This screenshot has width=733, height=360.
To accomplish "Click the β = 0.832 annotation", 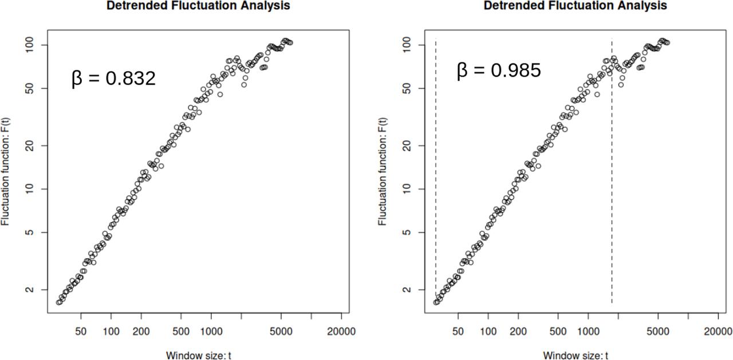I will (113, 78).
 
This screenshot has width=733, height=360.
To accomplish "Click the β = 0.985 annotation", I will (498, 70).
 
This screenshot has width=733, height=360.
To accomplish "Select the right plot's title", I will (575, 6).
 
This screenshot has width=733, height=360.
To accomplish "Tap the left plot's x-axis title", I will (199, 355).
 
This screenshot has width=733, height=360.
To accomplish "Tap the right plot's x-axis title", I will (576, 355).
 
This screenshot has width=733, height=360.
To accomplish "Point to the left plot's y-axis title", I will (6, 171).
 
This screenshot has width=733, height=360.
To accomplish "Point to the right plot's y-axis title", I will (383, 171).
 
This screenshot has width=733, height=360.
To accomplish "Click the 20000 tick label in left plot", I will (341, 331).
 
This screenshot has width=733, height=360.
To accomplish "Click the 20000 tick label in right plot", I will (718, 331).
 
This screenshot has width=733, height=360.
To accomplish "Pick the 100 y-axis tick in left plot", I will (31, 45).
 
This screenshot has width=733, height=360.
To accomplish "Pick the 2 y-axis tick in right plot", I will (408, 290).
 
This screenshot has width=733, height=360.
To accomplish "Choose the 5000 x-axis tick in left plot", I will (281, 331).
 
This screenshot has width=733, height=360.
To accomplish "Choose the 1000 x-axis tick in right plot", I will (588, 331).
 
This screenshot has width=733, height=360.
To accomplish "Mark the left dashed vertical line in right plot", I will (436, 172).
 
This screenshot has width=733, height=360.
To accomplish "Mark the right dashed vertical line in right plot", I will (612, 172).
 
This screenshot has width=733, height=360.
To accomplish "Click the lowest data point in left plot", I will (58, 302).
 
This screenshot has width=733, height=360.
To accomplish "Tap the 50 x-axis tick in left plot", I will (81, 331).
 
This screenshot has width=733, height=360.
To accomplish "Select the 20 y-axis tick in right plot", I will (408, 145).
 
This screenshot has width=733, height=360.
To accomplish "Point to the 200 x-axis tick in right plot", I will (518, 331).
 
